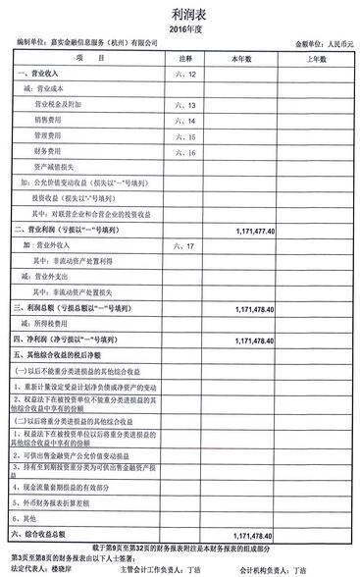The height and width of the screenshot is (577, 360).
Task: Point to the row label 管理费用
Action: [x=50, y=135]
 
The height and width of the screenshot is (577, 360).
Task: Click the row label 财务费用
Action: [x=50, y=151]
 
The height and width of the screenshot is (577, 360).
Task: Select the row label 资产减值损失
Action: [x=56, y=167]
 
